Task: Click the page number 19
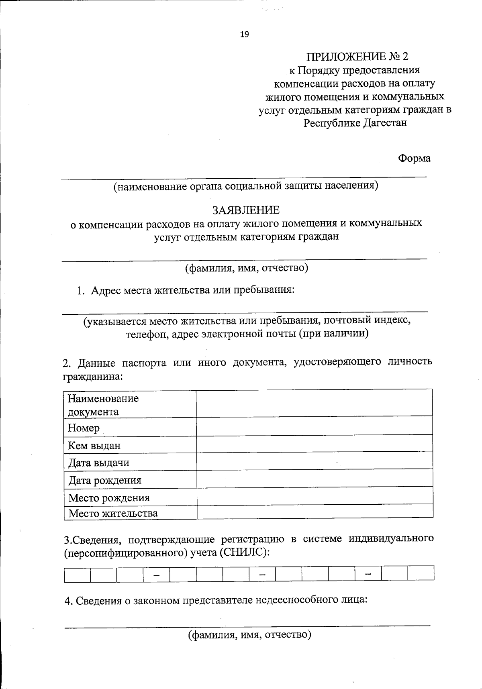(x=244, y=35)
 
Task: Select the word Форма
(x=414, y=159)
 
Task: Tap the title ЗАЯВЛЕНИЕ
(x=246, y=210)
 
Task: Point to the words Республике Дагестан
(x=355, y=122)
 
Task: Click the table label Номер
(x=84, y=428)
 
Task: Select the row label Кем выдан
(x=94, y=445)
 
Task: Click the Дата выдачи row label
(x=98, y=463)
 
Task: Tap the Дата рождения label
(x=104, y=480)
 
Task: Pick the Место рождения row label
(x=109, y=498)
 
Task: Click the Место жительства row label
(x=113, y=513)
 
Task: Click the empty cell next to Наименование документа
(x=314, y=403)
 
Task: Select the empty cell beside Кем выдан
(x=314, y=444)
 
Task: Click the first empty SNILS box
(x=77, y=573)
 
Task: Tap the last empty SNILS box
(x=421, y=573)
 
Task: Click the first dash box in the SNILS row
(x=156, y=573)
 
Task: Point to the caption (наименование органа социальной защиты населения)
(x=245, y=186)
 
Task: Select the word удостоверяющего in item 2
(x=337, y=362)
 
